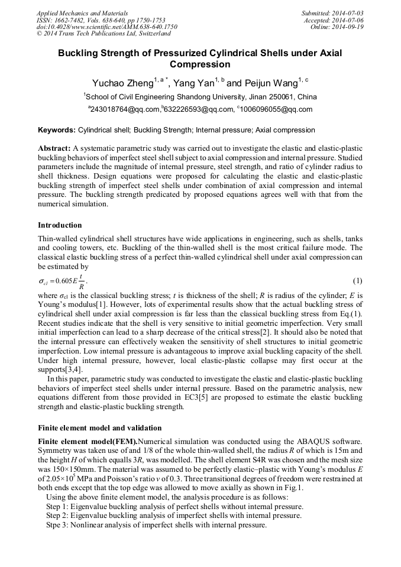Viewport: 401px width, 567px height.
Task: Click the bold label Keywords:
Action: point(56,129)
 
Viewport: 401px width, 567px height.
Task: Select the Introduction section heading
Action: point(60,225)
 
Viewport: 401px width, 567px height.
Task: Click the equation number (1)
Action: point(357,279)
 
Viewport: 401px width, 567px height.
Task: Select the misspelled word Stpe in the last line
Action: point(54,524)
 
